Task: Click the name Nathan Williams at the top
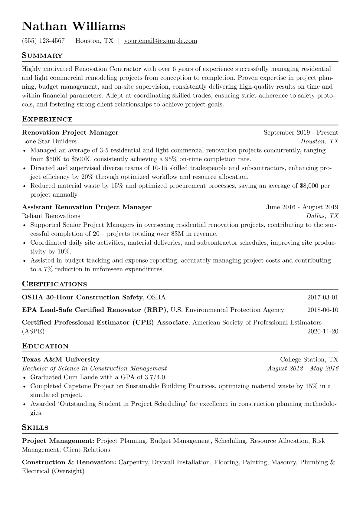point(74,27)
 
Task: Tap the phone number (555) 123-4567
point(43,41)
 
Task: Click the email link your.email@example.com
point(161,41)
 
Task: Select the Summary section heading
point(42,56)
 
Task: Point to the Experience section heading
point(47,119)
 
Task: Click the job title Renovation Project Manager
point(70,132)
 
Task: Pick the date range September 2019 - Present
point(301,132)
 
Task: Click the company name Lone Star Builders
point(49,141)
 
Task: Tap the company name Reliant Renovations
point(51,216)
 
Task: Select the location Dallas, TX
point(322,216)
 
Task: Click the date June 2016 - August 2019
point(302,207)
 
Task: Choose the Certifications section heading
point(54,284)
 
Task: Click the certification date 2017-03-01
point(322,297)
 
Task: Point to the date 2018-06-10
point(322,310)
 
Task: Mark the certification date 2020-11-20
point(322,331)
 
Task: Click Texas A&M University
point(61,360)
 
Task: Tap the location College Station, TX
point(309,360)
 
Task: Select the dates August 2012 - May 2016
point(303,368)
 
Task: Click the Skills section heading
point(35,428)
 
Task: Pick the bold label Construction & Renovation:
point(69,462)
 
